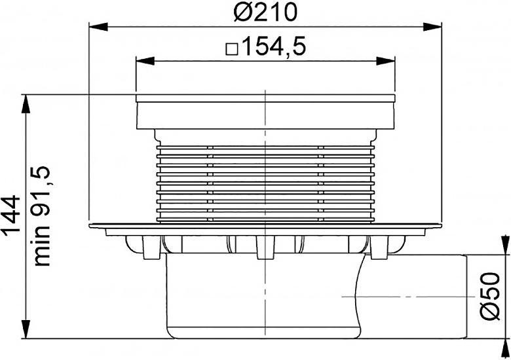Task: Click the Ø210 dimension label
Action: (x=265, y=12)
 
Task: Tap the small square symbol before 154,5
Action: (x=232, y=50)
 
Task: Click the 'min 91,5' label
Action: (x=43, y=216)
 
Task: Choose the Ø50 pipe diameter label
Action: (x=489, y=297)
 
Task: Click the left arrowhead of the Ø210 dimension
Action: (x=98, y=27)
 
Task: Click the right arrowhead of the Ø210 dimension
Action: (x=432, y=27)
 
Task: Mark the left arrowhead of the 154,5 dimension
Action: (x=145, y=61)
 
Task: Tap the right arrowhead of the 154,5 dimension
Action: (x=385, y=61)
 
